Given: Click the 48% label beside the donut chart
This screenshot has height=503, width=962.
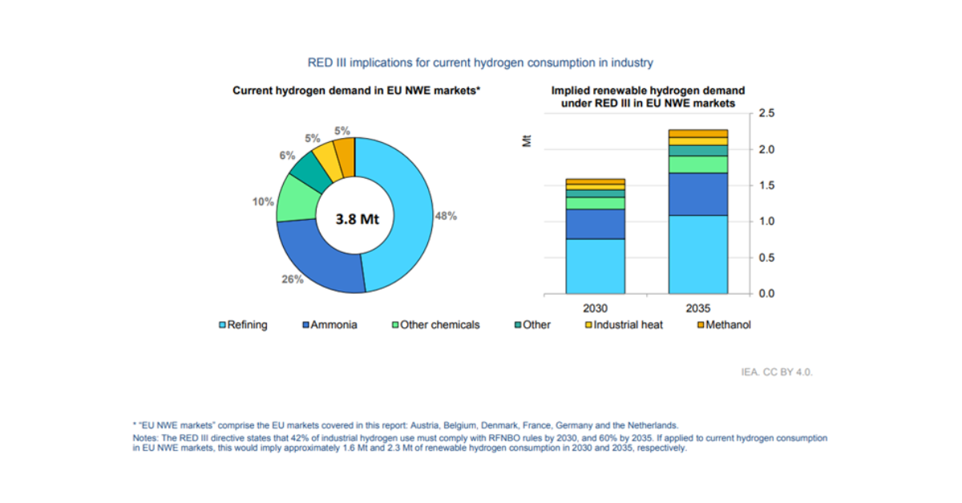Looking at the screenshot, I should tap(446, 216).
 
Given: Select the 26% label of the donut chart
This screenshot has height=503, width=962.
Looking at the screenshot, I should tap(293, 279).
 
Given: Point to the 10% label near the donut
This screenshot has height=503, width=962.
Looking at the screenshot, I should tap(263, 201).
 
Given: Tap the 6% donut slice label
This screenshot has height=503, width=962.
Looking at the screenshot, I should tap(287, 156).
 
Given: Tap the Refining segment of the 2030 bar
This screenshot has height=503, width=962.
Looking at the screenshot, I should tap(595, 266).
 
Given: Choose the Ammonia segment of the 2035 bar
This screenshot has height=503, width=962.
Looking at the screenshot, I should tap(697, 193).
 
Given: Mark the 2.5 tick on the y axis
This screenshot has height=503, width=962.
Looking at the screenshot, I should tap(766, 114).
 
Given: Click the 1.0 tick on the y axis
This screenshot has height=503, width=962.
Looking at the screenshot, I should tap(766, 221).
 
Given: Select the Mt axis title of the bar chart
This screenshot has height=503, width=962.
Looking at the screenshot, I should tap(527, 141).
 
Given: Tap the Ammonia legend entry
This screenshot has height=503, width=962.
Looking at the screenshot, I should tap(329, 325).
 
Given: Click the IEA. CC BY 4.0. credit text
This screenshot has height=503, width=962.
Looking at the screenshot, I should tap(777, 372).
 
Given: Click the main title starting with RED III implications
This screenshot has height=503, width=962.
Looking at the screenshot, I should tap(480, 62).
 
